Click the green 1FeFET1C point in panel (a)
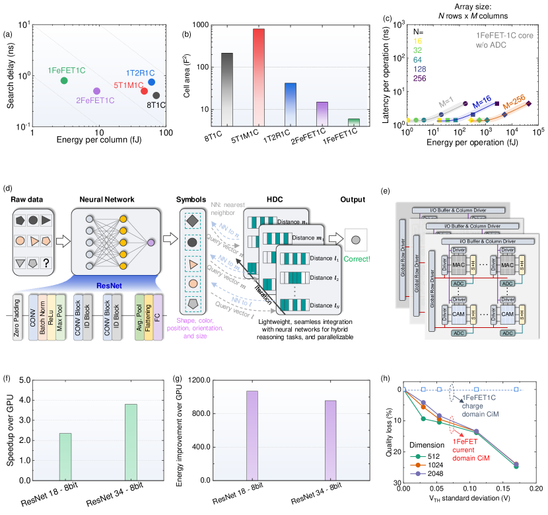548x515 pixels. click(64, 81)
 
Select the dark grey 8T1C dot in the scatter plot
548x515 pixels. click(156, 95)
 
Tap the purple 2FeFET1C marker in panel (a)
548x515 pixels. click(97, 91)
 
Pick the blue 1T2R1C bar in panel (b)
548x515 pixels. click(291, 103)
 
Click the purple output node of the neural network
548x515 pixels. click(151, 243)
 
